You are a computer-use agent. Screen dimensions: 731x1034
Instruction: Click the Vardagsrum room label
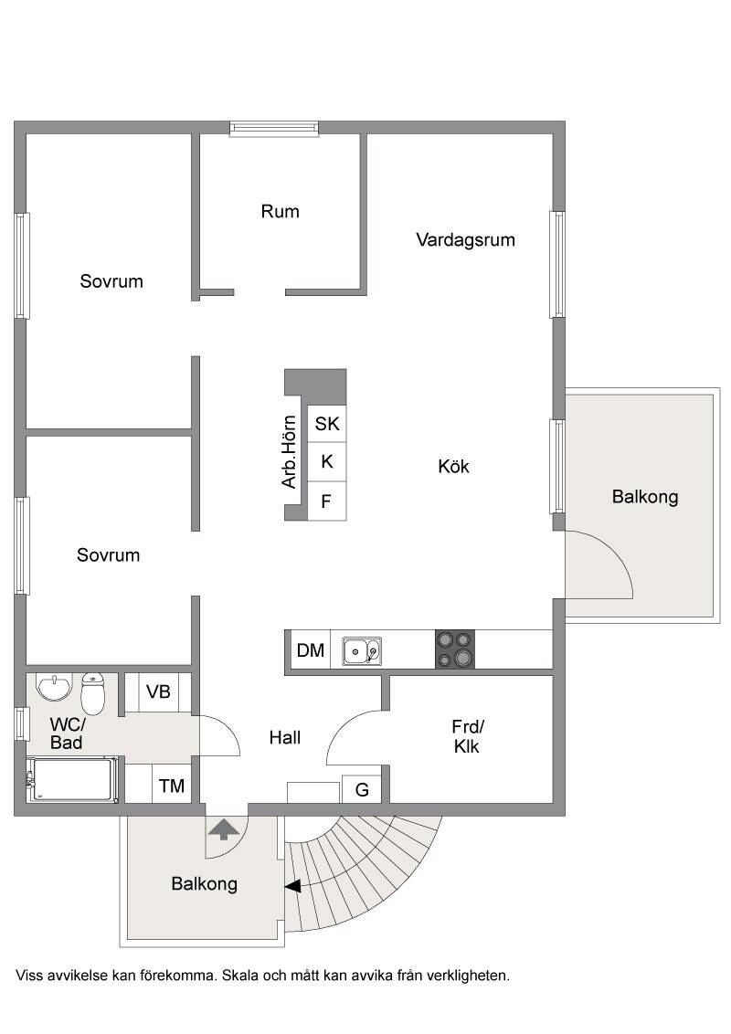coord(465,240)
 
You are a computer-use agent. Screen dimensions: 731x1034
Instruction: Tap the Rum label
coord(280,212)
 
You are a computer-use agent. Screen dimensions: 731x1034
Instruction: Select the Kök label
coord(453,466)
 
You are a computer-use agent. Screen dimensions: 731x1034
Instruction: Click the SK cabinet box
coord(327,423)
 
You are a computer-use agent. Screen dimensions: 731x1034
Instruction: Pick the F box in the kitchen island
coord(327,501)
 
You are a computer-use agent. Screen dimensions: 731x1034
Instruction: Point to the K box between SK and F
coord(327,462)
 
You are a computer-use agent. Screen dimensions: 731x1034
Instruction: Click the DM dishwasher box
coord(310,650)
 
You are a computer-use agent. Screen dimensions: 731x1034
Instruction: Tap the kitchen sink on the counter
coord(362,651)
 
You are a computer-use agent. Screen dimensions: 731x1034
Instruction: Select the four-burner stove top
coord(454,649)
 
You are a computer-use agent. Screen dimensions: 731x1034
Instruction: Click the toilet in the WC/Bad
coord(93,693)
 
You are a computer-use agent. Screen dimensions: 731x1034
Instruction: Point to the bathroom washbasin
coord(54,688)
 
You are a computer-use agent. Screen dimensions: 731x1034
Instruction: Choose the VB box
coord(158,691)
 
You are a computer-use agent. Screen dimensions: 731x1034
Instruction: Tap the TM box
coord(172,786)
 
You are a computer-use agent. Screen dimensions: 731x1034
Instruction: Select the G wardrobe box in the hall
coord(362,788)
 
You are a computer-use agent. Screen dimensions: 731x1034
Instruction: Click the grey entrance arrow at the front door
coord(224,828)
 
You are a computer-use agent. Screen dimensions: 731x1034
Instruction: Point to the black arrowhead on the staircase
coord(293,886)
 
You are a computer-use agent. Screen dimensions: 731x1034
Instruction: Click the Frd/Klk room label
coord(467,736)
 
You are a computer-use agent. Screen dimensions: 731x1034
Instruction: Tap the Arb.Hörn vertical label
coord(289,452)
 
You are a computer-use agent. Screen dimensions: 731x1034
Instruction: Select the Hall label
coord(284,737)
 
